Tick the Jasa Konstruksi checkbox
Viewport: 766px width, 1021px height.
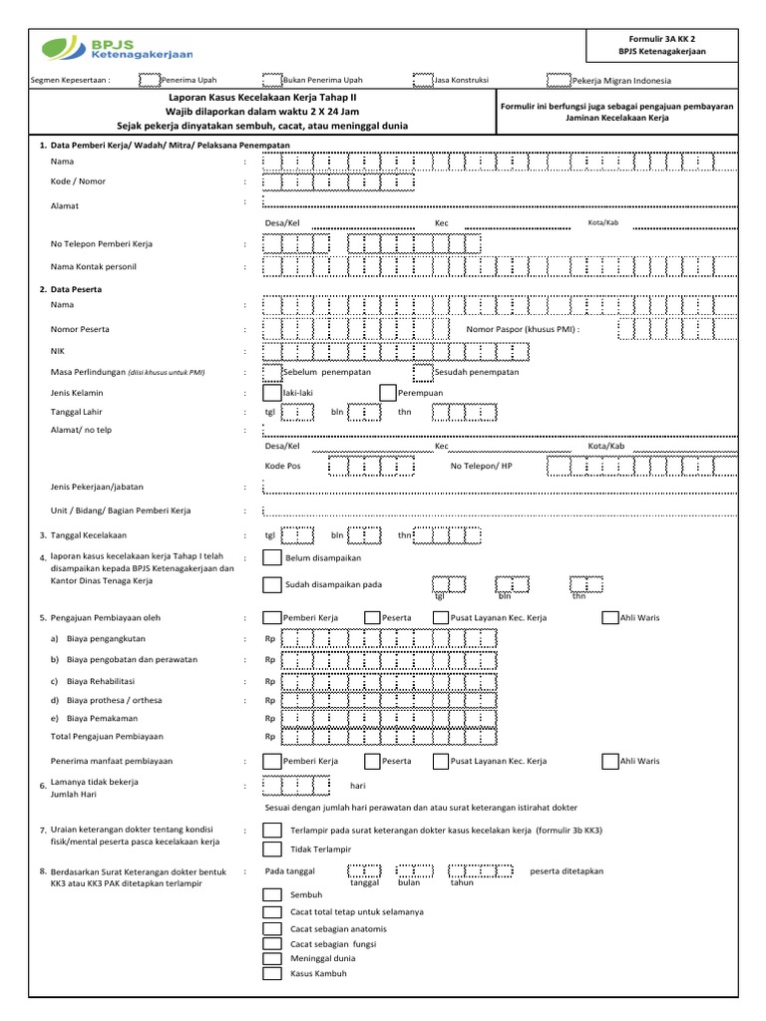point(422,81)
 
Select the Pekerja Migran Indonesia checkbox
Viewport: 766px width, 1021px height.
point(559,81)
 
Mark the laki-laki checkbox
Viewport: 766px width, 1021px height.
point(271,393)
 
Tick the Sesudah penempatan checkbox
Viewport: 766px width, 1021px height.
point(422,371)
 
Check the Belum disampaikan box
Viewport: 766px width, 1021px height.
point(271,558)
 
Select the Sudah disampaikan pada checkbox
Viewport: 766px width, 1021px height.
point(271,584)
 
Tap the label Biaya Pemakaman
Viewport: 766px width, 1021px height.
point(102,718)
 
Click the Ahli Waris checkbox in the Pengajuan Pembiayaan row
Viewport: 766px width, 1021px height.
point(610,618)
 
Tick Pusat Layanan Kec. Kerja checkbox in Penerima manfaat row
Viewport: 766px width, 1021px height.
point(441,761)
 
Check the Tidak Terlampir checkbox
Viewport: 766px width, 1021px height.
point(271,849)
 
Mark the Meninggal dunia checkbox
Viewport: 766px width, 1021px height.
point(271,958)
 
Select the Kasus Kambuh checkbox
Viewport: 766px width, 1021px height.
point(271,974)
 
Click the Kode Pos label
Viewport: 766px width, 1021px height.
point(282,466)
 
